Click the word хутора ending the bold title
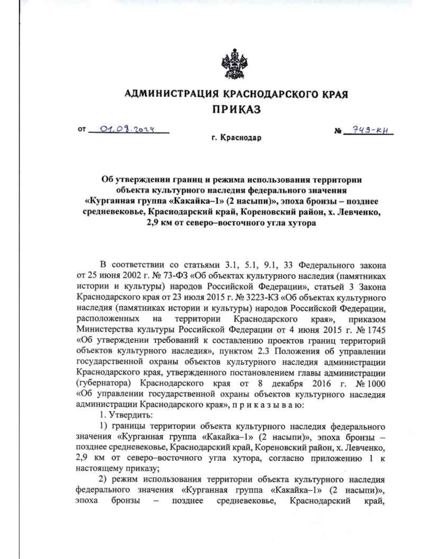(x=300, y=223)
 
